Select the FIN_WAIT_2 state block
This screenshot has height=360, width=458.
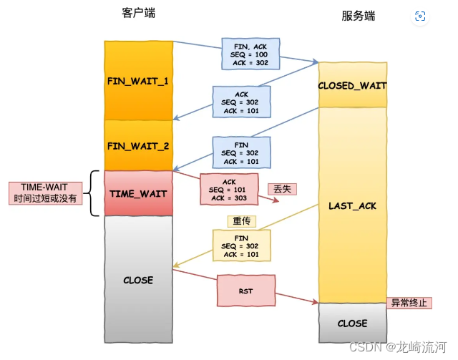click(x=137, y=145)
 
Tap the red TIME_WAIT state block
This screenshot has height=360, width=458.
click(x=137, y=193)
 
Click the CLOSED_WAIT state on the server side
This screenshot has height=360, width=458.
click(x=352, y=86)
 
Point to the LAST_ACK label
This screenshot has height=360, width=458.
click(x=352, y=206)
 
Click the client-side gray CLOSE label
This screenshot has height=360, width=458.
click(x=137, y=280)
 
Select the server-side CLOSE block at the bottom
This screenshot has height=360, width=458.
click(x=352, y=323)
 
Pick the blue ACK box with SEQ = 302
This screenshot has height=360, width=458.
click(x=241, y=102)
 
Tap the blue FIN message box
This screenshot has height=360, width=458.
click(x=241, y=152)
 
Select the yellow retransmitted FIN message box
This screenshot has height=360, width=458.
click(x=241, y=245)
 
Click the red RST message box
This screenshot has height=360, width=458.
click(x=245, y=291)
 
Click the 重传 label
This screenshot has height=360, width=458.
click(x=240, y=221)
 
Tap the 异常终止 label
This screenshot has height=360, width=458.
click(x=409, y=303)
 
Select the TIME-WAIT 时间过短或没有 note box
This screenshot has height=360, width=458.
click(x=46, y=193)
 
